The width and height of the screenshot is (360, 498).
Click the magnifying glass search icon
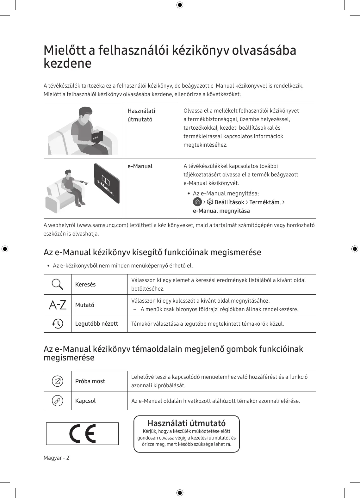(57, 285)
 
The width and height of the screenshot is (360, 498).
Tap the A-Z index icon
(58, 305)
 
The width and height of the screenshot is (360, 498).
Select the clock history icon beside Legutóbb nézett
(58, 323)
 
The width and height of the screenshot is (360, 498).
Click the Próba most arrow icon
(58, 381)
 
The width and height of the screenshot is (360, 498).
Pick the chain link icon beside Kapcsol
(58, 401)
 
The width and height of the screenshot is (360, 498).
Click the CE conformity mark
(83, 433)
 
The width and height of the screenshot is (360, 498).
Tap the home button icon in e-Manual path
(197, 202)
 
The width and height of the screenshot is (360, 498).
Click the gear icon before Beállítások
(210, 202)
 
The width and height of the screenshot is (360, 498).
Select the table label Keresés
(85, 285)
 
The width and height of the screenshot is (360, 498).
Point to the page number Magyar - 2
(56, 458)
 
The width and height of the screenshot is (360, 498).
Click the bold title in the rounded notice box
(187, 423)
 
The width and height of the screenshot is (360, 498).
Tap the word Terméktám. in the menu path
(265, 202)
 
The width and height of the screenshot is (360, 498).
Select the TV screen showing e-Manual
(107, 183)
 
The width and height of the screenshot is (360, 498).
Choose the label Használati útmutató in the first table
(141, 115)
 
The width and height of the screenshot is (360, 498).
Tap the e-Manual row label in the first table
(140, 166)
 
